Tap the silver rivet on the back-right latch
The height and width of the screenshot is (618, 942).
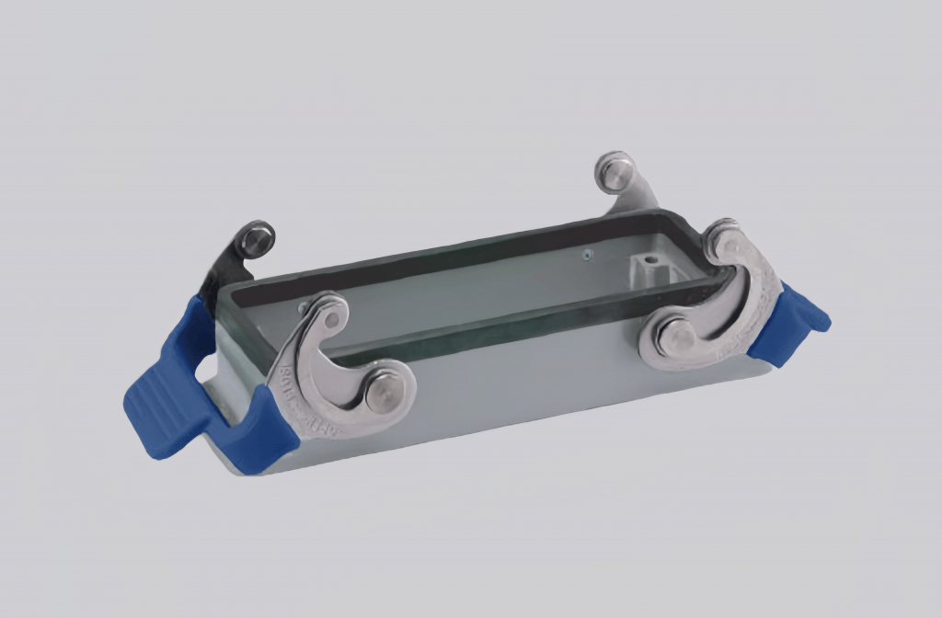[615, 171]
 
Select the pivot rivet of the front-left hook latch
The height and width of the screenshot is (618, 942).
[380, 393]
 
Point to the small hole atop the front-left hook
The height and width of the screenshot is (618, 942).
[332, 319]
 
